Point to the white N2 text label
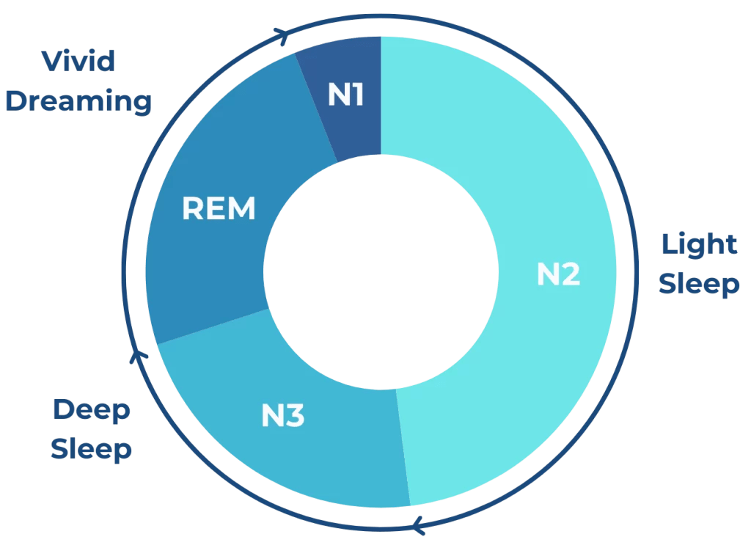pyautogui.click(x=559, y=274)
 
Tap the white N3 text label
pyautogui.click(x=283, y=417)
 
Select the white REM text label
pyautogui.click(x=219, y=209)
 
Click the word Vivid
pyautogui.click(x=79, y=61)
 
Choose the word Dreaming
pyautogui.click(x=78, y=101)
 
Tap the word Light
pyautogui.click(x=699, y=244)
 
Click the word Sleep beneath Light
pyautogui.click(x=699, y=283)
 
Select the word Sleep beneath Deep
pyautogui.click(x=92, y=448)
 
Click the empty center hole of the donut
pyautogui.click(x=381, y=271)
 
